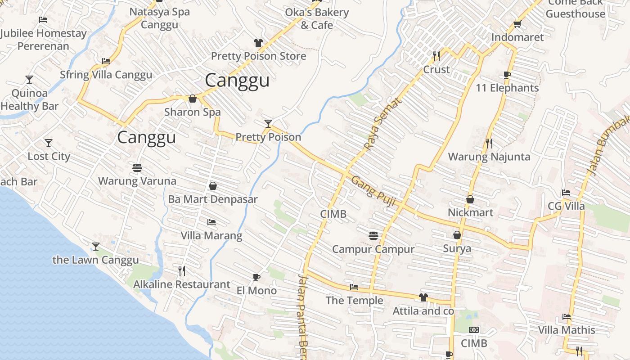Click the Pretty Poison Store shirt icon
click(258, 43)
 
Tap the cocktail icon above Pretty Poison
click(268, 123)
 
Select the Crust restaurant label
click(436, 70)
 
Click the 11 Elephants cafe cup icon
click(507, 75)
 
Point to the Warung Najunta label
click(489, 157)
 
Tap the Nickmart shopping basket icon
click(470, 199)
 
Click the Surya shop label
click(457, 248)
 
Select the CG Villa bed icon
click(566, 193)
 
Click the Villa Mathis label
click(567, 330)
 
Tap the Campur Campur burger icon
click(373, 236)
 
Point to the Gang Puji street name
click(373, 191)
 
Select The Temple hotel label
click(354, 301)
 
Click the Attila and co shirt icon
click(423, 297)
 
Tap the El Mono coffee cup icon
click(256, 277)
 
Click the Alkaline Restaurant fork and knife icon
click(182, 271)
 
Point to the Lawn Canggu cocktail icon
click(96, 247)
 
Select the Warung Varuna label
click(137, 181)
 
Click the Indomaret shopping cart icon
click(517, 24)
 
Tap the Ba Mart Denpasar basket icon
click(213, 186)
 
